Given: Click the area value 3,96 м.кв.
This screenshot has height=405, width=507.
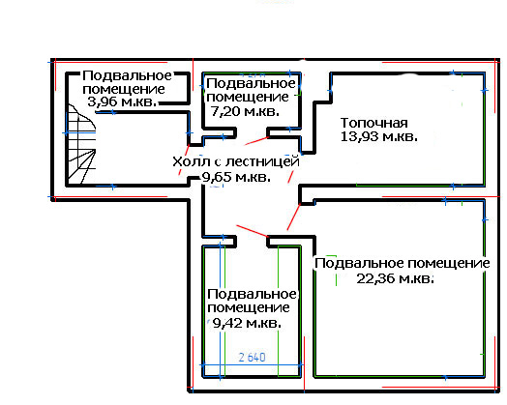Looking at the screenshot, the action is (122, 102).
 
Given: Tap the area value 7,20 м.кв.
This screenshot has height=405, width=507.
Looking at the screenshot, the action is (245, 111).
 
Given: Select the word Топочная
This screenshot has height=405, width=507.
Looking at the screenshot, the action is (374, 123).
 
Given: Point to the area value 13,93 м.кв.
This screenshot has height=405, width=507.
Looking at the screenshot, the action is (379, 136).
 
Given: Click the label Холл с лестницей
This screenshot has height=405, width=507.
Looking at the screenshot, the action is (236, 161).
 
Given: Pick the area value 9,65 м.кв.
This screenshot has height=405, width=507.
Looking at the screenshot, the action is (236, 177).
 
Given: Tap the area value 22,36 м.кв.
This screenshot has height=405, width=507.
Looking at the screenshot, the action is (395, 278).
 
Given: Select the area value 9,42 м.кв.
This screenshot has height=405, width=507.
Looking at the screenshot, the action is (247, 323).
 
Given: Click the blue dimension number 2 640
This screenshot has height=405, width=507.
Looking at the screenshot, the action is (252, 358).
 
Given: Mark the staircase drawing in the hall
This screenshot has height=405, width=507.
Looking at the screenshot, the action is (81, 144).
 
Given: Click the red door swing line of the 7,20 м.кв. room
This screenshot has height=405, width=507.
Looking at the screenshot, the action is (256, 141).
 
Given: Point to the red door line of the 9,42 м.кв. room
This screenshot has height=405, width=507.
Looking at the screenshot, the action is (253, 231).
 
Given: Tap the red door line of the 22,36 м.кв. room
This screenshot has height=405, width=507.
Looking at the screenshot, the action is (293, 217).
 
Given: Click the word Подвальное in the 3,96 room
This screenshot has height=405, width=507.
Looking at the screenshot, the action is (127, 76).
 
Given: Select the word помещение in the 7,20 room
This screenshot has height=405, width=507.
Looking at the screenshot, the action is (248, 97).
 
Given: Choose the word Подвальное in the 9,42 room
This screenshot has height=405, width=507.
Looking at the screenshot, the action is (252, 294).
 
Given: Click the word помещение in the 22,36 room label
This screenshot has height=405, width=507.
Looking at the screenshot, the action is (449, 263).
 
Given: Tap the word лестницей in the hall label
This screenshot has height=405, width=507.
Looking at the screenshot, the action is (263, 161).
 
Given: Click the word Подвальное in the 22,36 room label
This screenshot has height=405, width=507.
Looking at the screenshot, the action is (360, 263).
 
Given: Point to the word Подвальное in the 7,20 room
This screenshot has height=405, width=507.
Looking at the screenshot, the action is (251, 84).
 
